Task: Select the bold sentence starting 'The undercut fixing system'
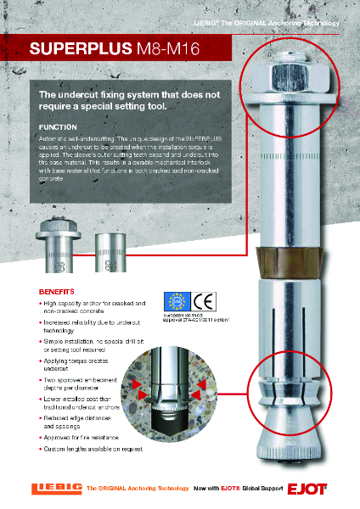(126, 100)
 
